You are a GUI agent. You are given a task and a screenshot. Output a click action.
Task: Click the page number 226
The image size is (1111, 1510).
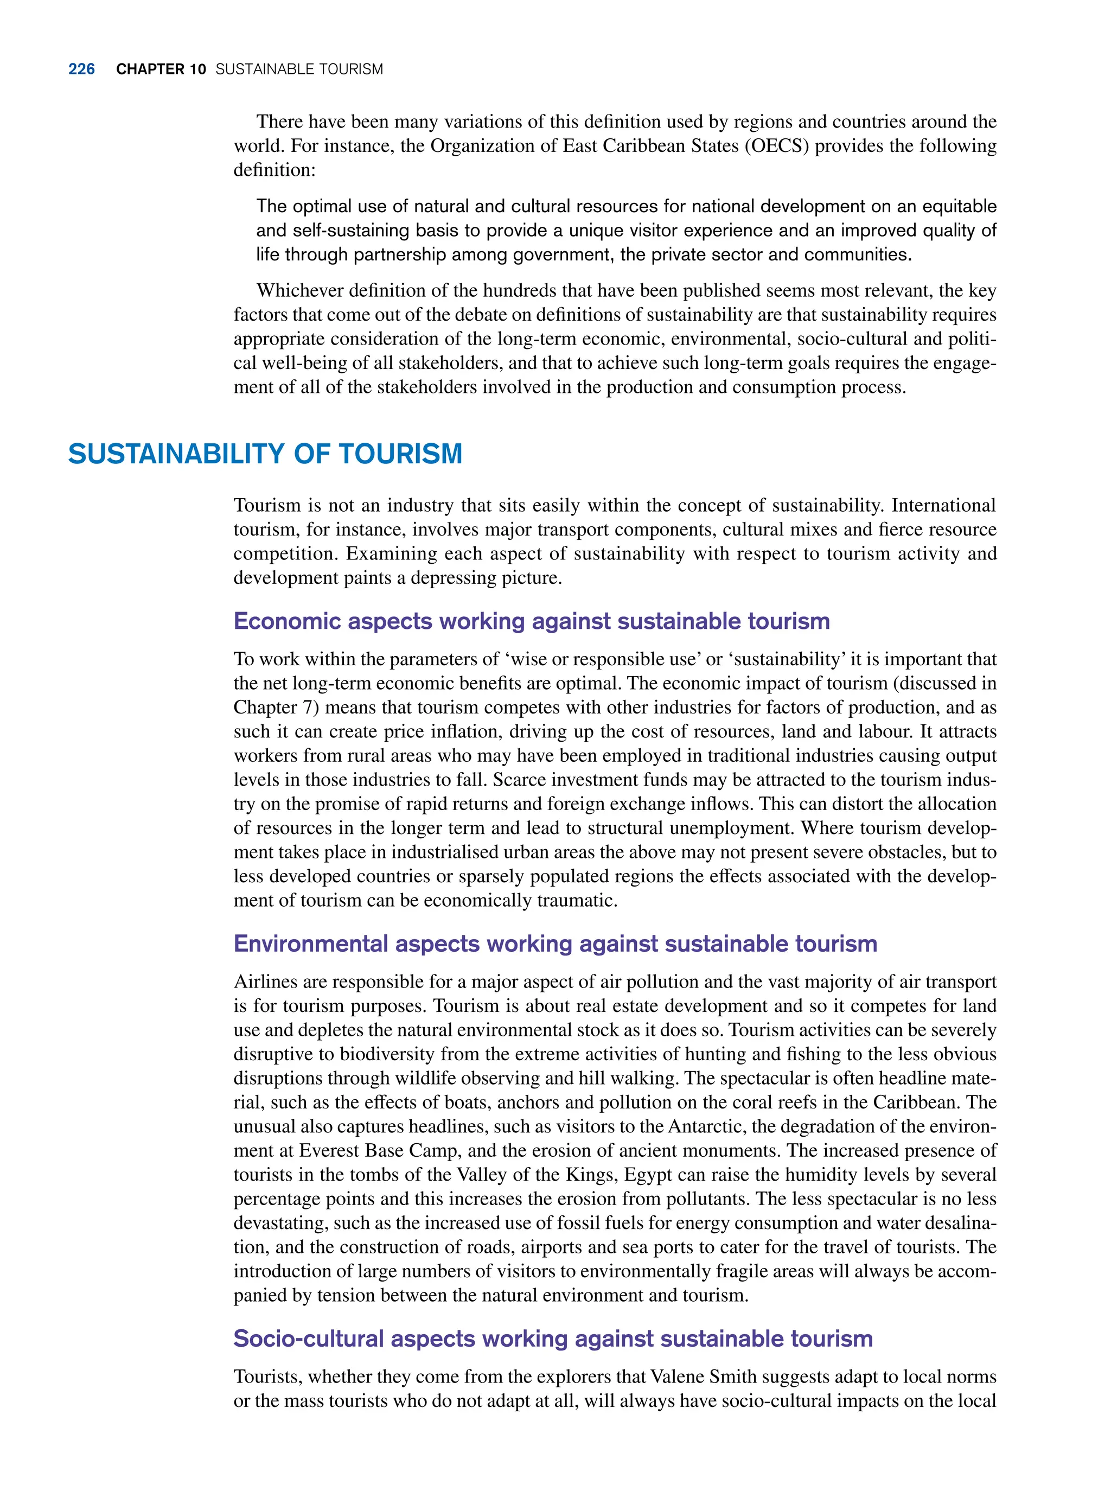click(x=81, y=69)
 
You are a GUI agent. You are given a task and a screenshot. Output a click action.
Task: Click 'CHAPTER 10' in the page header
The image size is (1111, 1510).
click(x=161, y=69)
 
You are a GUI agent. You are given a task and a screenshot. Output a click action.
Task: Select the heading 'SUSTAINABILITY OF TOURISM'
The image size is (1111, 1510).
click(x=265, y=454)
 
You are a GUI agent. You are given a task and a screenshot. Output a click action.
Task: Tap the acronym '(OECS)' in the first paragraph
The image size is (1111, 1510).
click(x=777, y=146)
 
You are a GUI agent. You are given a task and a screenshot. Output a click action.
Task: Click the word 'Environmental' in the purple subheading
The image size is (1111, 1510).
click(x=311, y=944)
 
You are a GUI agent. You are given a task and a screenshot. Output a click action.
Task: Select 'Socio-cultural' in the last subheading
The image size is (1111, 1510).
click(x=308, y=1339)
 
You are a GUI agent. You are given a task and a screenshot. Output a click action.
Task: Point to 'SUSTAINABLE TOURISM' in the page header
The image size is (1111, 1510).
click(x=299, y=69)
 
